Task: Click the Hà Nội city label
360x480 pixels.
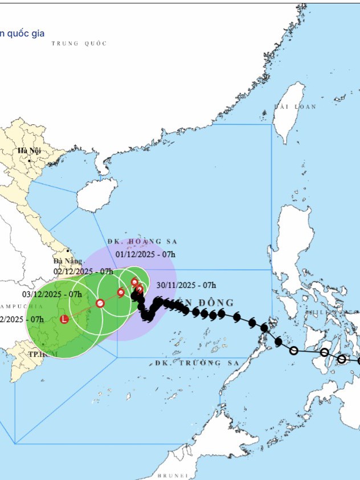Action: [27, 150]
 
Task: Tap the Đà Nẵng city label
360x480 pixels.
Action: [64, 261]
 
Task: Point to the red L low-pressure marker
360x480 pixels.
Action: [64, 319]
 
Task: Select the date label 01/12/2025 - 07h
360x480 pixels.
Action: [146, 254]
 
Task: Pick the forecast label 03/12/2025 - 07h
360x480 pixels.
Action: [52, 294]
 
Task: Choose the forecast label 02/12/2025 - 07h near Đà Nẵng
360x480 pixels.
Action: [83, 271]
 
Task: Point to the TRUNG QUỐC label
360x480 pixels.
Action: [79, 43]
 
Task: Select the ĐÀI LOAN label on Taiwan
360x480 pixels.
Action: [294, 107]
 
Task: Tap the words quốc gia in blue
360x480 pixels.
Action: [23, 33]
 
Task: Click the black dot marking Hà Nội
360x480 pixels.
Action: [29, 161]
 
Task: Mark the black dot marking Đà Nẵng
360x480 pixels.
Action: [67, 250]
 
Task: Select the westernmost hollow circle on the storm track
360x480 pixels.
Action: [293, 351]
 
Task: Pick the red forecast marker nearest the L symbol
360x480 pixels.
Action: [100, 303]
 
